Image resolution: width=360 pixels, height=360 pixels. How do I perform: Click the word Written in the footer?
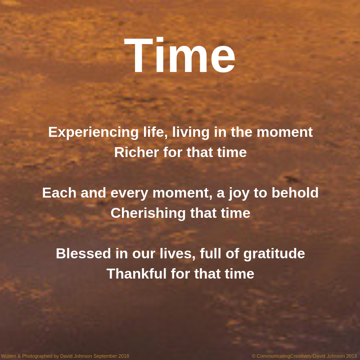tap(8, 356)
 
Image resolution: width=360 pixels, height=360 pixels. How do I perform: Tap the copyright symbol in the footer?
tap(254, 356)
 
